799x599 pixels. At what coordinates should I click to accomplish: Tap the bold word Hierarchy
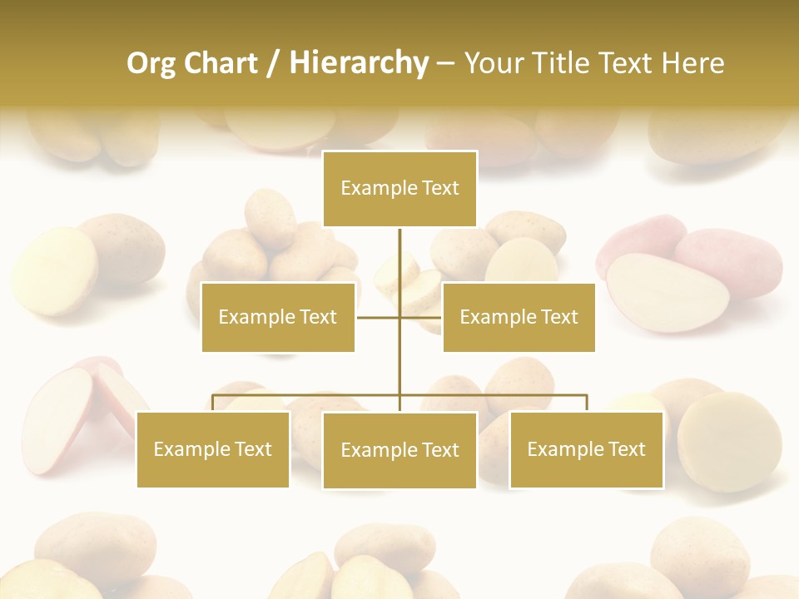tap(359, 63)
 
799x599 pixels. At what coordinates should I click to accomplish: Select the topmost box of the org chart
tap(399, 189)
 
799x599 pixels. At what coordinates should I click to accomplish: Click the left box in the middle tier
tap(278, 317)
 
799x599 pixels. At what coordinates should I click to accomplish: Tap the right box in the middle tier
tap(519, 317)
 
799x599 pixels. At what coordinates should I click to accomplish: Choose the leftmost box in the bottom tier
tap(213, 449)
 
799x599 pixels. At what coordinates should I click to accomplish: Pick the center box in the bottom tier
tap(399, 450)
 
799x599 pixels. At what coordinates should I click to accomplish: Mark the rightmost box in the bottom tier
tap(586, 449)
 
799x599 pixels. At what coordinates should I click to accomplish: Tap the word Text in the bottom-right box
tap(626, 449)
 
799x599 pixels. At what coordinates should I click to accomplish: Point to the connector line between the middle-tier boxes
tap(379, 317)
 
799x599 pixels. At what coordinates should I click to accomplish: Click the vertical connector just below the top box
tap(399, 250)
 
